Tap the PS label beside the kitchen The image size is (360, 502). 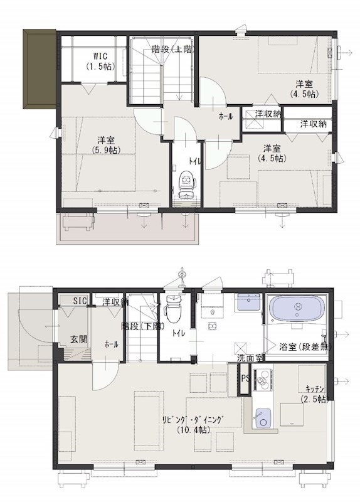[245, 378]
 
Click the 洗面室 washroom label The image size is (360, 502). [250, 358]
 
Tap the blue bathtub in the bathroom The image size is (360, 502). [297, 311]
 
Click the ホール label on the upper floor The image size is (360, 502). [225, 117]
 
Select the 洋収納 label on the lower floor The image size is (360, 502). [115, 302]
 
